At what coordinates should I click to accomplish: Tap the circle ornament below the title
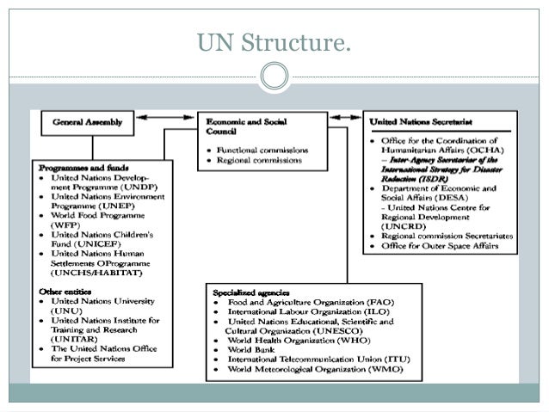(274, 77)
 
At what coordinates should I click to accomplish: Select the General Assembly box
(88, 122)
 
